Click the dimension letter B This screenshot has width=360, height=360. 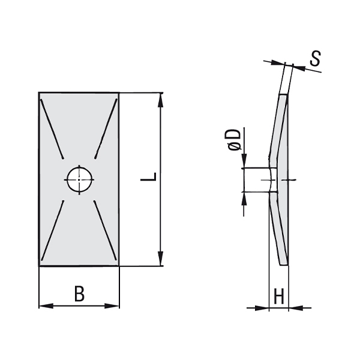point(79,293)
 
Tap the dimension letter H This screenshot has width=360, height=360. point(279,296)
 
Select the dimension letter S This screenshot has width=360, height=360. point(315,58)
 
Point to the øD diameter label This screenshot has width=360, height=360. point(235,140)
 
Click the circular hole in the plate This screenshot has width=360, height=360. point(79,180)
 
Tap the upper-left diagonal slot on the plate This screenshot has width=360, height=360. point(52,129)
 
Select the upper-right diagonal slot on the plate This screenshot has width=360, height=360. point(106,128)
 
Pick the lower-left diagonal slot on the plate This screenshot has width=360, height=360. point(52,230)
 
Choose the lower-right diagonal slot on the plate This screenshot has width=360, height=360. point(105,230)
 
